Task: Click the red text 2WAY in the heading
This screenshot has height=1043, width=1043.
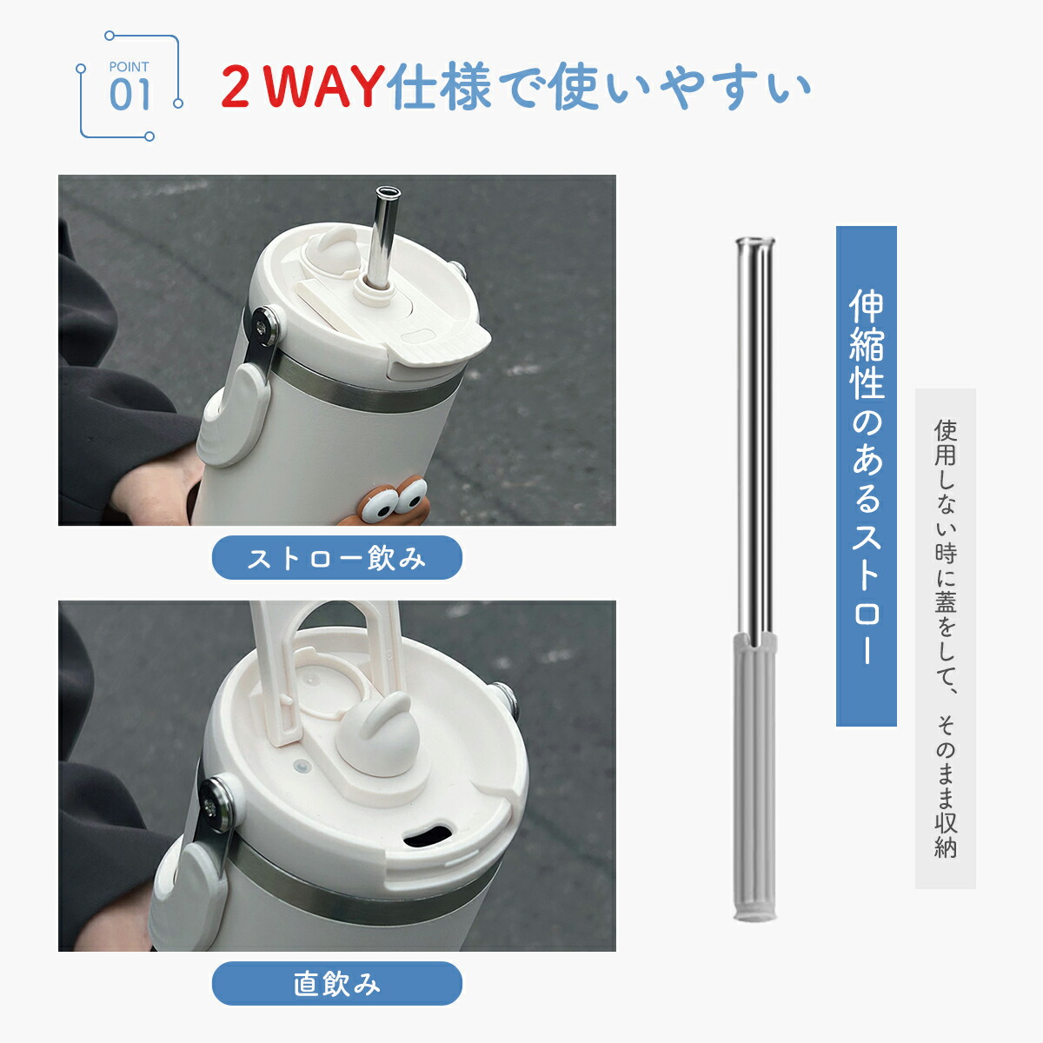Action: [302, 85]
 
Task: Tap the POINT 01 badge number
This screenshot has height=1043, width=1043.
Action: [130, 96]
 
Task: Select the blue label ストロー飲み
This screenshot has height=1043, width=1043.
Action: [336, 557]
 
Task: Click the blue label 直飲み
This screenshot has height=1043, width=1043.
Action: [336, 983]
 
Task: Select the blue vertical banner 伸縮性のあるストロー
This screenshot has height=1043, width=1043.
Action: [866, 475]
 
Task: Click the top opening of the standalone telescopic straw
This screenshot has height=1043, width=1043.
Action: [755, 241]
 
